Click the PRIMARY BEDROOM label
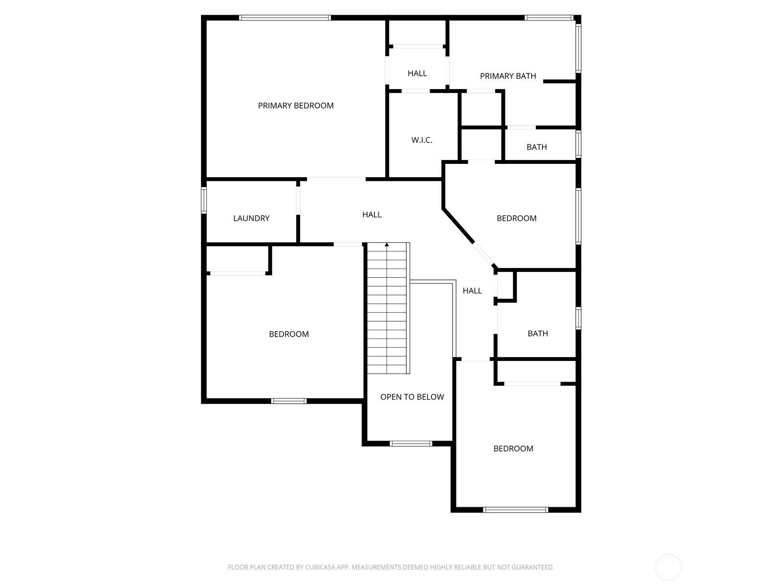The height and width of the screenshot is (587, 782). (x=296, y=106)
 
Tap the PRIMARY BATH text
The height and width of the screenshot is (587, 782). (x=508, y=76)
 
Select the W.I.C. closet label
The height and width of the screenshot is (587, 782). (x=422, y=140)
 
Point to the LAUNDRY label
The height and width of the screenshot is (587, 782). (x=251, y=218)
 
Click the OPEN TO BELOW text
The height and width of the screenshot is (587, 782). (x=412, y=397)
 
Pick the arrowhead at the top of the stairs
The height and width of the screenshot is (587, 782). (x=387, y=245)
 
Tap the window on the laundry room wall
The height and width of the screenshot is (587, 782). (x=204, y=200)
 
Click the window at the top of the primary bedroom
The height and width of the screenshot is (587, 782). (x=284, y=18)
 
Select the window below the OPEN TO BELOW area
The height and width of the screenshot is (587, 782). (x=411, y=444)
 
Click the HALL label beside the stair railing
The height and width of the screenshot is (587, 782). (x=472, y=291)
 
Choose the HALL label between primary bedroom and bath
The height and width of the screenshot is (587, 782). (x=417, y=73)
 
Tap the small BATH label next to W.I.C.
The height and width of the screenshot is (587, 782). (x=537, y=147)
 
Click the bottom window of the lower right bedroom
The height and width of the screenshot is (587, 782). (x=516, y=510)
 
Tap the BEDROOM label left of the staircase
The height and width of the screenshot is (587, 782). (x=288, y=334)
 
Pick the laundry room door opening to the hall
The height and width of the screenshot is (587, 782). (x=298, y=200)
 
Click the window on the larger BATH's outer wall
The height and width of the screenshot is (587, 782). (x=579, y=318)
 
